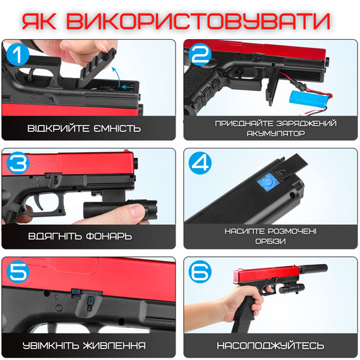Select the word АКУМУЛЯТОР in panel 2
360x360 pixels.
(268, 133)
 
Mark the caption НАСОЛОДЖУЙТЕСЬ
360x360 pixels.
(270, 345)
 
